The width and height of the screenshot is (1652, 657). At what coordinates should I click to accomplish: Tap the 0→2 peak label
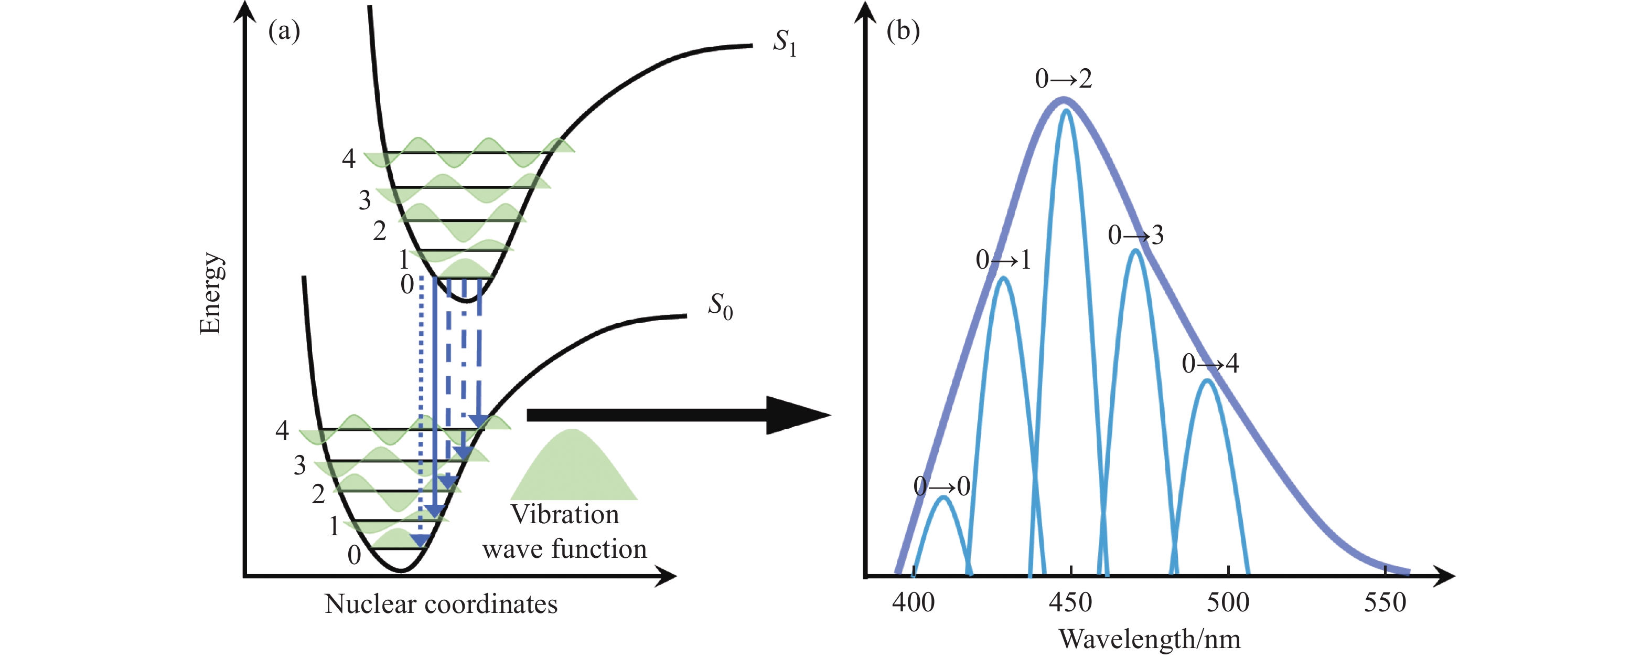point(1063,79)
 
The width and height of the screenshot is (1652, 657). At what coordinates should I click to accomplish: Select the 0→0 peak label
point(941,486)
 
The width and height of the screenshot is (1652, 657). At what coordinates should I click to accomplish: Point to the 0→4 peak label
point(1210,364)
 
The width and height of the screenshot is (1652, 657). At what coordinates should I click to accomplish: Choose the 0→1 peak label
point(1003,260)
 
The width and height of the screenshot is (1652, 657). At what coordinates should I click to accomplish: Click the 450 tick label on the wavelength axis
point(1070,602)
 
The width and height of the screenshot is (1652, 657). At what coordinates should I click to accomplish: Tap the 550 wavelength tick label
point(1385,602)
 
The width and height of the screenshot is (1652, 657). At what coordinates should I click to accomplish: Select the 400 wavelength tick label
point(913,602)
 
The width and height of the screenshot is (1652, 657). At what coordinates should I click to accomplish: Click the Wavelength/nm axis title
point(1149,639)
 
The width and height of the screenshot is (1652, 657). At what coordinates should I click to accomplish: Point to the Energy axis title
point(210,293)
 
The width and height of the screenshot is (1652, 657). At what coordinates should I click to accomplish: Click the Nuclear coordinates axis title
point(441,604)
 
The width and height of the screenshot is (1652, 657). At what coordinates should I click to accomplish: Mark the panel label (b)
point(903,30)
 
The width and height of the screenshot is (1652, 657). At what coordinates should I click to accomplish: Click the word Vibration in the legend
point(564,515)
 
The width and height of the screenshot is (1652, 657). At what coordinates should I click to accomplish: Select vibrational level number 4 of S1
point(348,158)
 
